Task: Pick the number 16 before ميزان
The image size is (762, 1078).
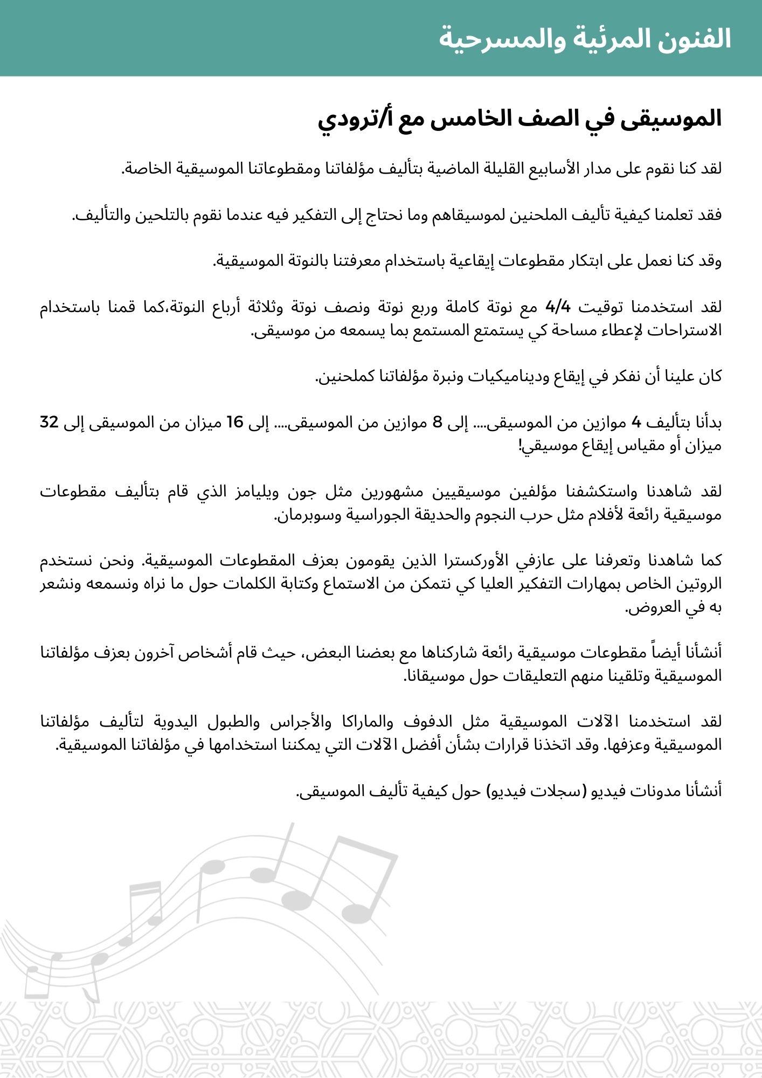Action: [x=235, y=423]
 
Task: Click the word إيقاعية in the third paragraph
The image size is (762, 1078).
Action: [x=469, y=261]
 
